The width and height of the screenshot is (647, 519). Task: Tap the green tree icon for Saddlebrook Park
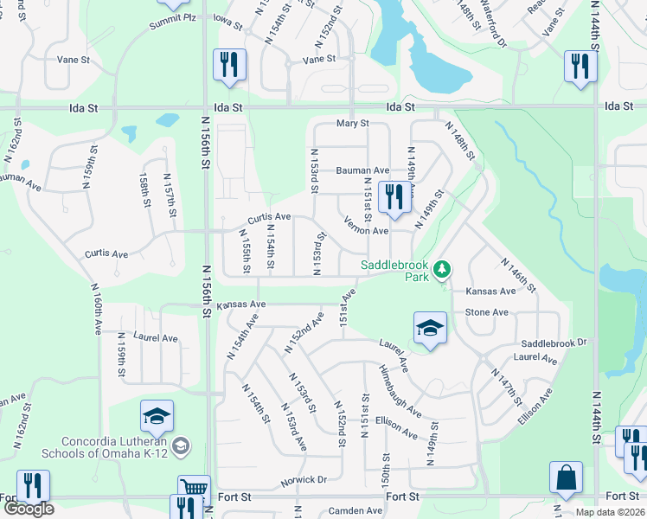click(442, 270)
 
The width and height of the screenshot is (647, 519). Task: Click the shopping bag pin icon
click(566, 478)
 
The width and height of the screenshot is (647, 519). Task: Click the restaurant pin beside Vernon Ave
click(394, 197)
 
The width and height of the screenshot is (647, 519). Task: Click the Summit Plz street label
click(170, 19)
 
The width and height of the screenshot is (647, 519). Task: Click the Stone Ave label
click(486, 311)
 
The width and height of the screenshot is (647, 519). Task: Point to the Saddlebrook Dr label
click(554, 343)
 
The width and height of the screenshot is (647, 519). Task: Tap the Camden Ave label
click(362, 511)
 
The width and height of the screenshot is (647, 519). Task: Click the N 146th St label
click(518, 274)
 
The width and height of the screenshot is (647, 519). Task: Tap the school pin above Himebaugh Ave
click(430, 328)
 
